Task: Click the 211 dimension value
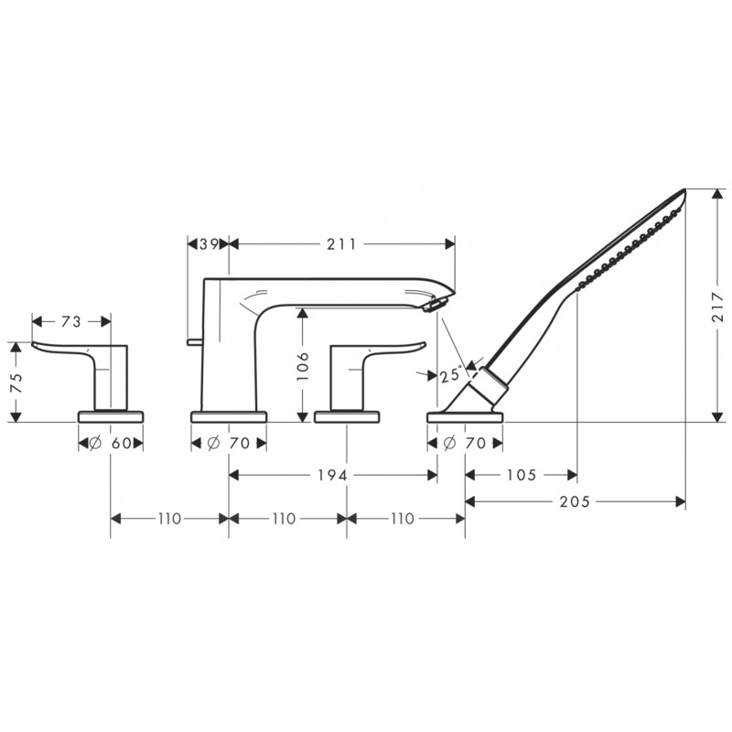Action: click(341, 244)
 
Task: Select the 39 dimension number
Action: click(210, 244)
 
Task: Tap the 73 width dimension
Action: click(71, 322)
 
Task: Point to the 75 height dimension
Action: click(16, 382)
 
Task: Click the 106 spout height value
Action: click(303, 366)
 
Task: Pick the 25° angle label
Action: click(451, 375)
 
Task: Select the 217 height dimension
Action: click(717, 307)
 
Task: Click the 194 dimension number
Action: click(333, 475)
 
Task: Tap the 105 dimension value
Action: click(522, 475)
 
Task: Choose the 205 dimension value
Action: click(576, 501)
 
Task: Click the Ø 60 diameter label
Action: click(110, 443)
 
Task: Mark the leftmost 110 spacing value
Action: click(169, 519)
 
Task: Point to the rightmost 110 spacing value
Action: click(403, 519)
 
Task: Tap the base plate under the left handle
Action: click(111, 416)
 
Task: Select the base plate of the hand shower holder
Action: click(465, 416)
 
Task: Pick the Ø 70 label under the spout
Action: click(229, 443)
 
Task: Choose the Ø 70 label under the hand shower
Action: click(465, 443)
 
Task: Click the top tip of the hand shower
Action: click(685, 189)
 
